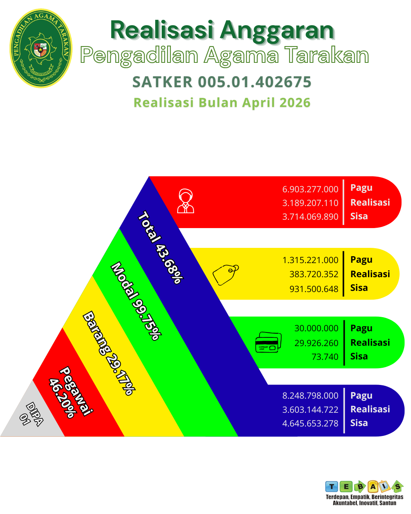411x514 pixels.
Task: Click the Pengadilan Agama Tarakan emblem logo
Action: click(41, 48)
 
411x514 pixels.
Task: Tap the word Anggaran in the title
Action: click(277, 32)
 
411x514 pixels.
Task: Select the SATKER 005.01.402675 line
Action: click(222, 82)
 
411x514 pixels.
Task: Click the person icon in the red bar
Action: click(186, 201)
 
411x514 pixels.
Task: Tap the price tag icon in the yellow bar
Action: click(225, 275)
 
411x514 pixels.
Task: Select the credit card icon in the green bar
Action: click(268, 342)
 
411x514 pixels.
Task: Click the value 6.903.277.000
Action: click(310, 189)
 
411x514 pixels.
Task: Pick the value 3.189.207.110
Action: click(310, 203)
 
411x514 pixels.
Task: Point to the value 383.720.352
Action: click(314, 274)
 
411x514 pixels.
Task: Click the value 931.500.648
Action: click(314, 289)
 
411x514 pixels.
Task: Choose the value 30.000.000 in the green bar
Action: click(316, 328)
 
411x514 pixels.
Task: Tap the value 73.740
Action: click(325, 357)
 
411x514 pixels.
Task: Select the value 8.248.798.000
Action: click(310, 396)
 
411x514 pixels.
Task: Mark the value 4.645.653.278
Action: click(310, 423)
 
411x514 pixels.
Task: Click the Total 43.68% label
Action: click(161, 247)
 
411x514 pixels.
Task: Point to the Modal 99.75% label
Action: click(136, 301)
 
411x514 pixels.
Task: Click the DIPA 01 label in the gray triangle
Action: click(31, 414)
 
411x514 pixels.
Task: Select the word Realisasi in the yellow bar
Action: click(370, 274)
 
